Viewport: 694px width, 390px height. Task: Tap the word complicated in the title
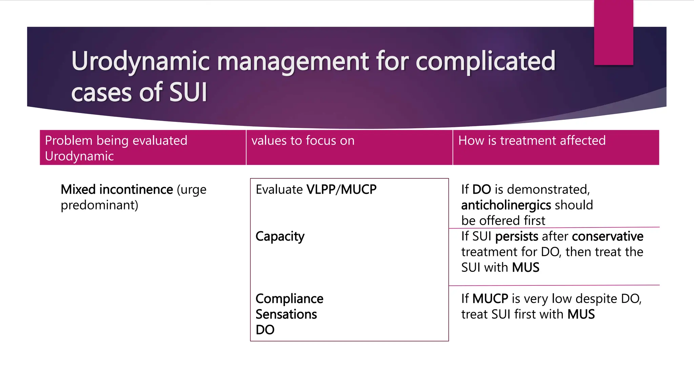pos(485,62)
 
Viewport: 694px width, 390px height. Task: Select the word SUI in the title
pos(188,92)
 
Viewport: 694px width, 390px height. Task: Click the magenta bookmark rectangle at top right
pos(613,32)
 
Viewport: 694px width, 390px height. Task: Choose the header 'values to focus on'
pos(303,140)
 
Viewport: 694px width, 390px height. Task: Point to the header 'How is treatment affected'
pos(532,140)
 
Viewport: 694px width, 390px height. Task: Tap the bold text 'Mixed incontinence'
pos(117,190)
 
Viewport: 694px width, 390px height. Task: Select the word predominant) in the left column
pos(99,205)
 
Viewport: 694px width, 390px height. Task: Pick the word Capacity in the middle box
pos(280,236)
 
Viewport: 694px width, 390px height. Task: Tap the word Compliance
pos(289,299)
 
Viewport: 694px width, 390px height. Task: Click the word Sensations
pos(286,314)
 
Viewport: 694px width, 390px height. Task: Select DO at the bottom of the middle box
pos(265,330)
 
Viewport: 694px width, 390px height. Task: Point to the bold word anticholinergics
pos(506,205)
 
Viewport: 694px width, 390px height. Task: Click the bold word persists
pos(516,236)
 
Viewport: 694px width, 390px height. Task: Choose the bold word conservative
pos(607,236)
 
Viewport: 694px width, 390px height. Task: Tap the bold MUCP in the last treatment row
pos(490,299)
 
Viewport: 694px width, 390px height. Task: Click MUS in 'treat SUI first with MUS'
pos(581,314)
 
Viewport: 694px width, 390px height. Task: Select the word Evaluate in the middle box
pos(279,190)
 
